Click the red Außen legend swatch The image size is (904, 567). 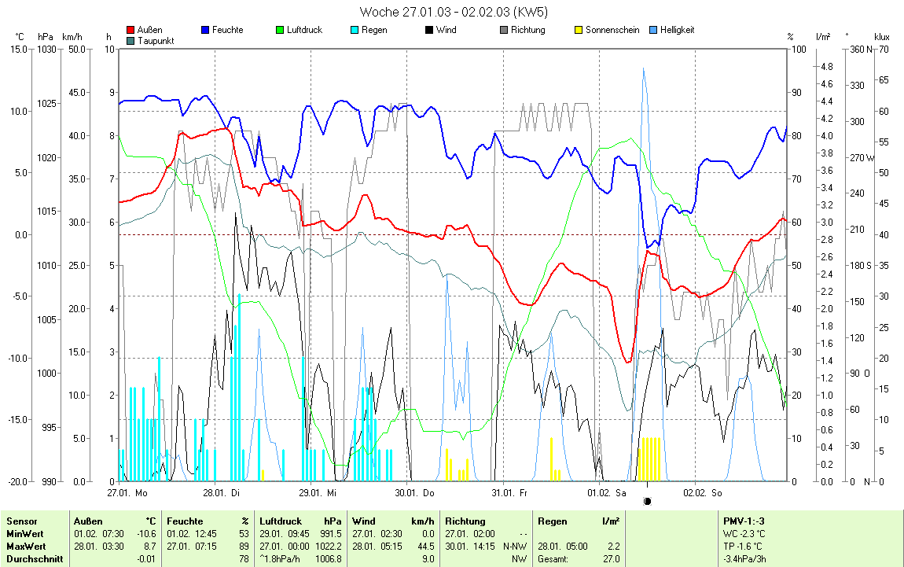(x=130, y=30)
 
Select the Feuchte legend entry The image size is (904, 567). (x=227, y=30)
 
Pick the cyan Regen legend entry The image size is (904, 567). (x=373, y=30)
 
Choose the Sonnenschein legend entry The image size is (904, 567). (x=612, y=30)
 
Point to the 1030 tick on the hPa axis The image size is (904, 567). (x=46, y=50)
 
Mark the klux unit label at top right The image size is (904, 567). (x=881, y=37)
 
